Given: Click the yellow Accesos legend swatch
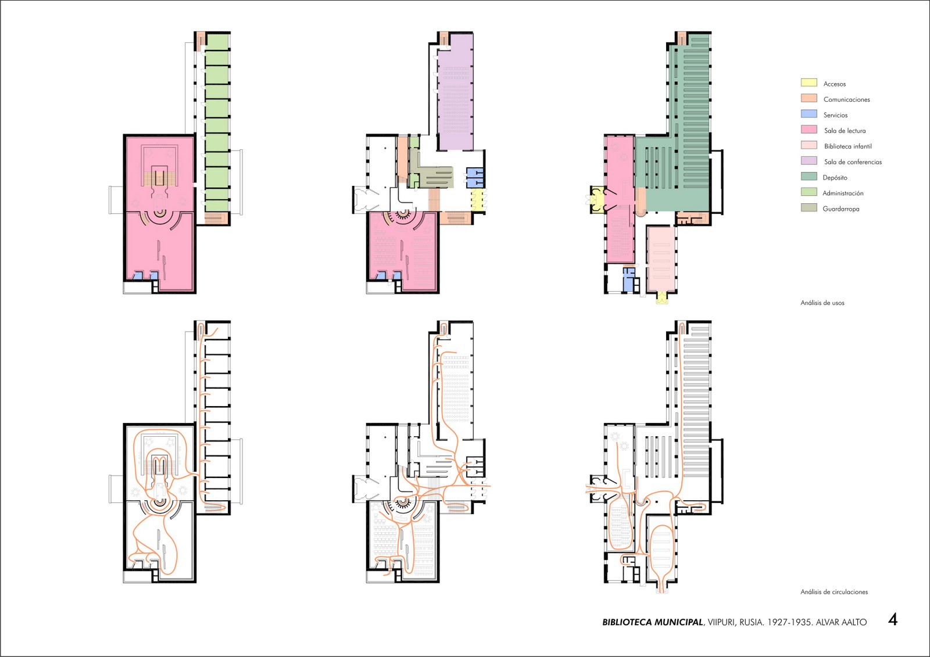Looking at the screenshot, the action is coord(809,82).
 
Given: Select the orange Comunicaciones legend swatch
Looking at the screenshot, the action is coord(809,98).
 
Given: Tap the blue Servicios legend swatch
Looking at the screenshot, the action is coord(809,114).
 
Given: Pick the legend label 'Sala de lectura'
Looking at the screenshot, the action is coord(845,131).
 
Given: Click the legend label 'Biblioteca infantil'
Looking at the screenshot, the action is coord(848,146).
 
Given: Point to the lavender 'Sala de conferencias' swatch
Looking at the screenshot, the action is coord(809,160).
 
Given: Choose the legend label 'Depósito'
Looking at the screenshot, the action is coord(835,178).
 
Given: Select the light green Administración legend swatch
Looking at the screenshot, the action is coord(809,192).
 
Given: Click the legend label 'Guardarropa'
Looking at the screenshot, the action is coord(840,209).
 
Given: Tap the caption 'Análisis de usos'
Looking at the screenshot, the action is coord(822,303).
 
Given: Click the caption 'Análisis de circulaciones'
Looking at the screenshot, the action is coord(834,592).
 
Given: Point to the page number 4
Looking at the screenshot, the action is coord(893,620).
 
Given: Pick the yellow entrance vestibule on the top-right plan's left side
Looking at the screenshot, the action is coord(596,200).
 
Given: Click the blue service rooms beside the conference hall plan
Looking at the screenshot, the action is coord(475,177).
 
